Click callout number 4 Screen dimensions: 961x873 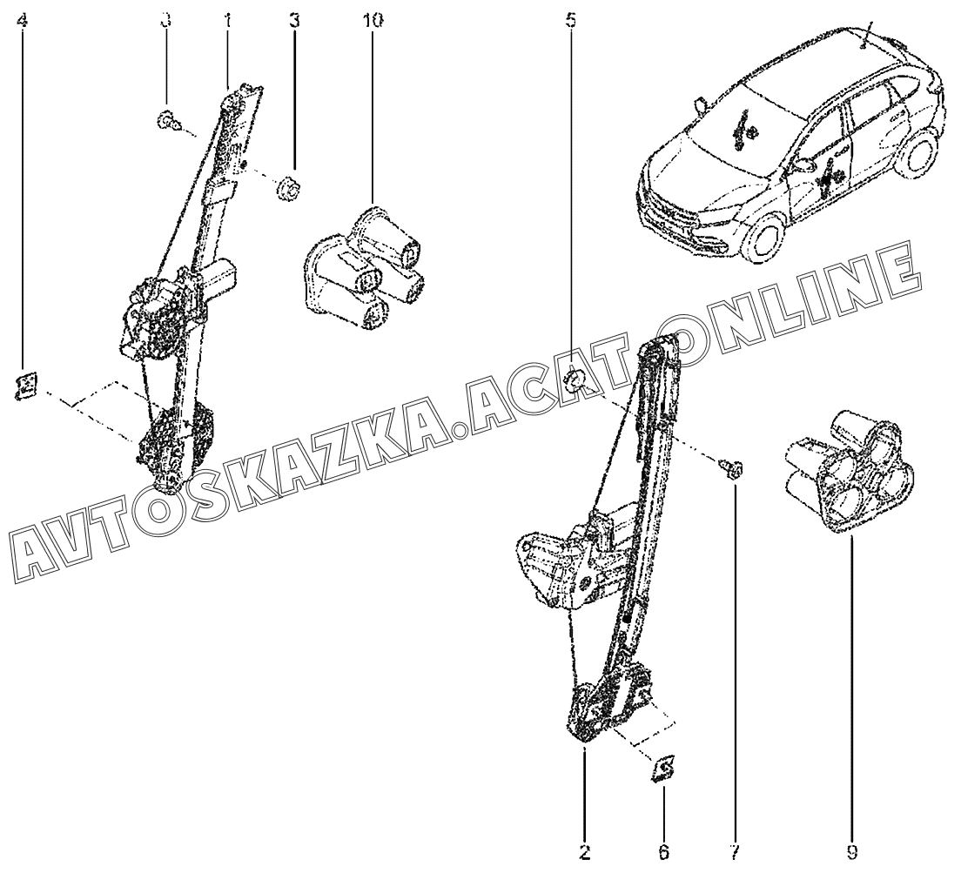tap(23, 22)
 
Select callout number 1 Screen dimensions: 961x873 tap(227, 22)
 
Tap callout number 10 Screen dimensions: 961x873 tap(373, 22)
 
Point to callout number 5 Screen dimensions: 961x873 tap(571, 22)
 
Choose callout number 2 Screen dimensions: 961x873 tap(585, 851)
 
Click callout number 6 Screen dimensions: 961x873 tap(664, 851)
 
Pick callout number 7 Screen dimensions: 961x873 tap(735, 851)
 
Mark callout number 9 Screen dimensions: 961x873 tap(852, 851)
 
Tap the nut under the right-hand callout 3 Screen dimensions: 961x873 tap(287, 188)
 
